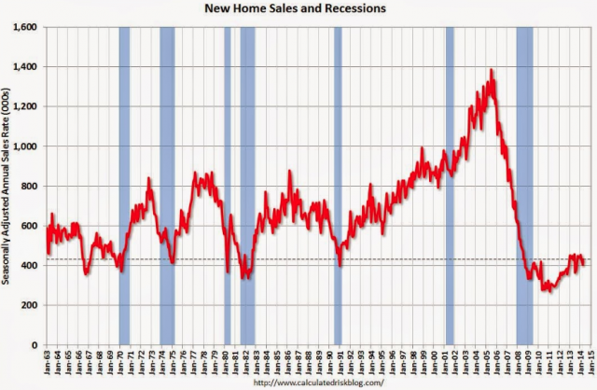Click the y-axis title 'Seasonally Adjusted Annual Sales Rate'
pos(8,187)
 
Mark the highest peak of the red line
pos(492,70)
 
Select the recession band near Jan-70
pos(124,187)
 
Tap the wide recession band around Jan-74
pos(167,187)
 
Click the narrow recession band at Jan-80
pos(227,187)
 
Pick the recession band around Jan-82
pos(247,187)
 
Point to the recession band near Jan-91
pos(338,187)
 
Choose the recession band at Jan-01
pos(450,187)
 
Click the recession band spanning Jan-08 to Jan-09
pos(524,187)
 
